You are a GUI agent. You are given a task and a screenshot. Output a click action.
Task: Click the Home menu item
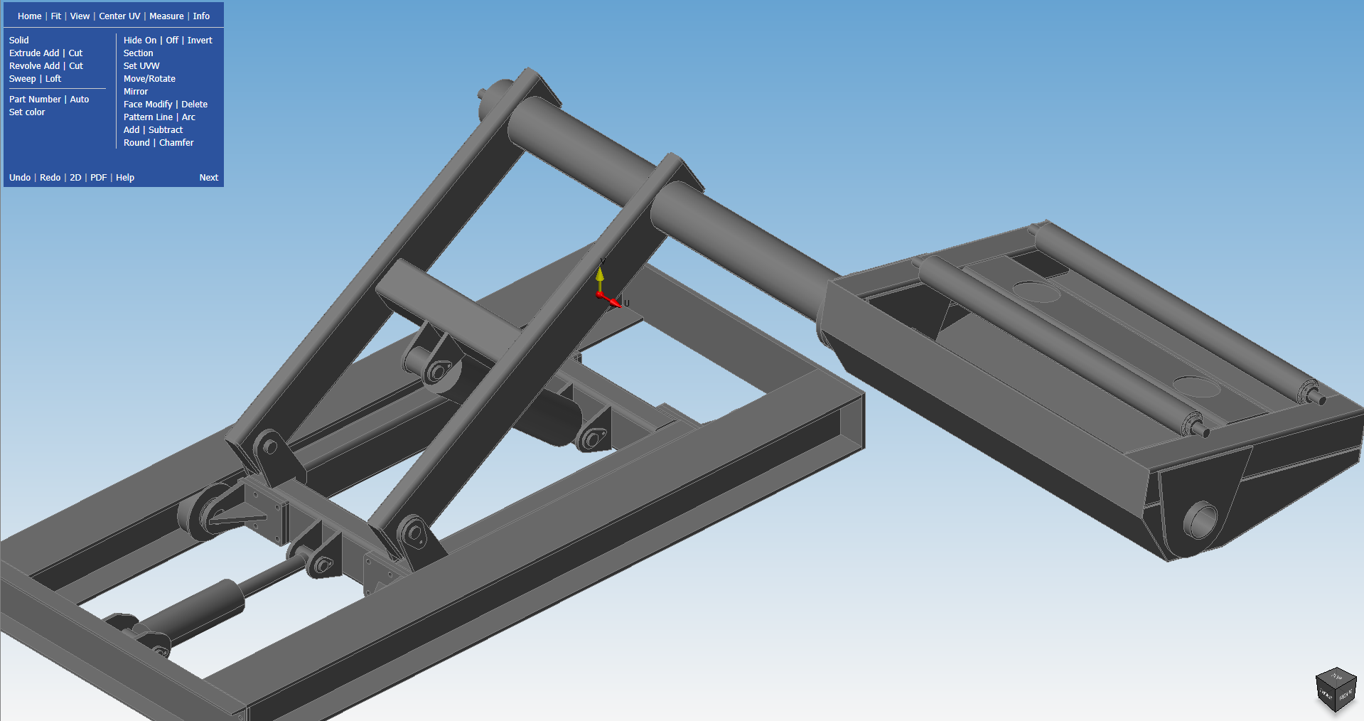click(29, 16)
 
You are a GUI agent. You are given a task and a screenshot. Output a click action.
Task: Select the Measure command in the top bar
click(166, 16)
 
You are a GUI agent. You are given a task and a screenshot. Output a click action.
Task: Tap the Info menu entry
click(201, 16)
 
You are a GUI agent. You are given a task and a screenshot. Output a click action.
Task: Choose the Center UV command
click(119, 16)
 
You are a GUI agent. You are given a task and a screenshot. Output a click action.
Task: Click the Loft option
click(53, 78)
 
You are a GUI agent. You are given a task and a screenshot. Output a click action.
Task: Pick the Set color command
click(27, 112)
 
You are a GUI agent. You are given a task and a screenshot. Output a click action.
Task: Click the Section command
click(138, 53)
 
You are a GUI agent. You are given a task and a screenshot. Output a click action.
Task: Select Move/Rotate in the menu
click(149, 78)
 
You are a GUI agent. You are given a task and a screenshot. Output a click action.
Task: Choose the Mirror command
click(136, 91)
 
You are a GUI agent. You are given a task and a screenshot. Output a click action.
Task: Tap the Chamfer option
click(176, 142)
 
